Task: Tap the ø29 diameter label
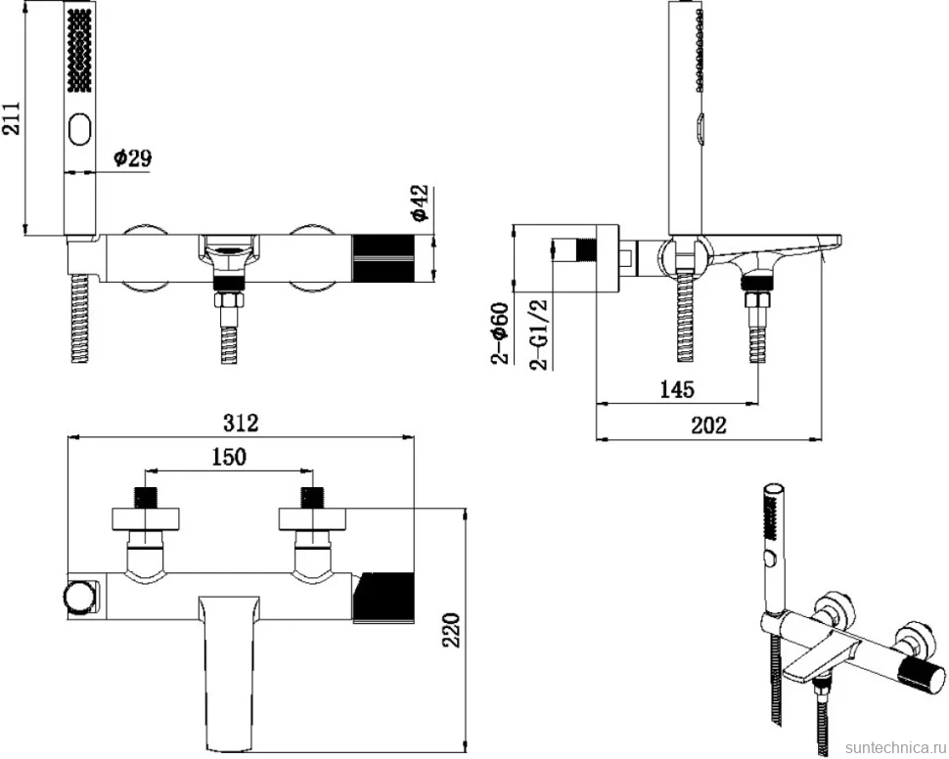[x=132, y=158]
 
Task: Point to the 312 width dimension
[x=241, y=423]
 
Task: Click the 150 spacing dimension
[x=229, y=457]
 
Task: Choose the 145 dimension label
[x=677, y=389]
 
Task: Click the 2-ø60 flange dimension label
[x=501, y=334]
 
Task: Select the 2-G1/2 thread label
[x=539, y=335]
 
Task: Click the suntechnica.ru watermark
[x=894, y=744]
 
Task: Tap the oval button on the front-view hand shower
[x=80, y=129]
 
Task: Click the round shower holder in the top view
[x=79, y=597]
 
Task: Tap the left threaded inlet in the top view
[x=145, y=497]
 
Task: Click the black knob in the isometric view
[x=922, y=679]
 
